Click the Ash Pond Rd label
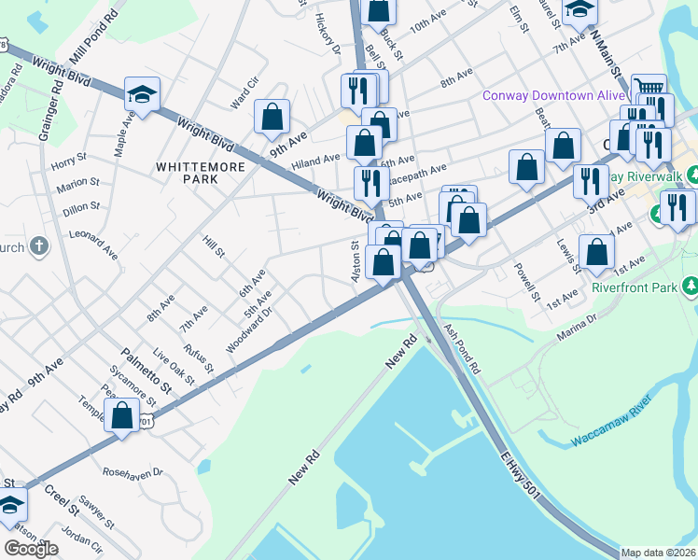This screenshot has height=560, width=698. click(x=463, y=351)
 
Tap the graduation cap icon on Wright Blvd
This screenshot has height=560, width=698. click(x=142, y=93)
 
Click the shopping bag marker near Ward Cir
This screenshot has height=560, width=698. click(x=272, y=117)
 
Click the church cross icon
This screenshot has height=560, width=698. click(x=37, y=246)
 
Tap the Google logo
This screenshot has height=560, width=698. click(x=32, y=549)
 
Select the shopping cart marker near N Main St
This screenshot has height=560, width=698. click(x=649, y=91)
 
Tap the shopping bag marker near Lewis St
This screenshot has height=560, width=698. click(x=596, y=251)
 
